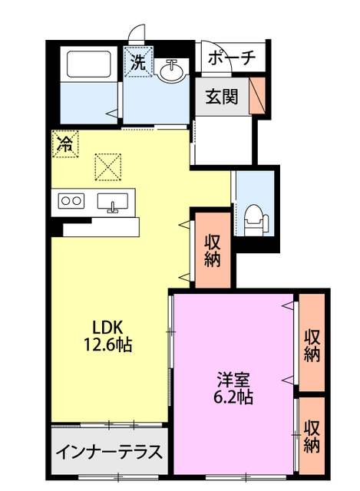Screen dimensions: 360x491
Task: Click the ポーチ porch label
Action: pos(232,58)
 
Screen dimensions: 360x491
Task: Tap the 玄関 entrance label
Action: pos(222,97)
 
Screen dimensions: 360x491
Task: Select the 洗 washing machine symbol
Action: pos(138,61)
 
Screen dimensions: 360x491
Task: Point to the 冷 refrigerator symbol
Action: pos(64,143)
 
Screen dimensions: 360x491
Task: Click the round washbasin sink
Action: pos(171,71)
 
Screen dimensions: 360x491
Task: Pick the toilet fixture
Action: pos(256,220)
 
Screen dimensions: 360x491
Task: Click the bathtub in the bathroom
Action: pos(89,64)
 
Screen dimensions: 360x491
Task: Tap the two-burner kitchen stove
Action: pos(71,201)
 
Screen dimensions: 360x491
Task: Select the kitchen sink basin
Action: pos(113,201)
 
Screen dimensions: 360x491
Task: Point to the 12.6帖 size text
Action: pos(107,344)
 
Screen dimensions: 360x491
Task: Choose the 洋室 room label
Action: pos(233,380)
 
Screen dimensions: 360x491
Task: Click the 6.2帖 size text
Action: pos(233,397)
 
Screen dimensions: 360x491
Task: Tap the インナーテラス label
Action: pos(109,452)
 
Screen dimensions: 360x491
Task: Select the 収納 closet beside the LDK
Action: pos(213,250)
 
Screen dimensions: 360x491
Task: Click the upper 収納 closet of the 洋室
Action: pos(312,342)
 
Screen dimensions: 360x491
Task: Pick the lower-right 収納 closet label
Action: pos(312,437)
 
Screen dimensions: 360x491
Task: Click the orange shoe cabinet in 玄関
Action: pos(257,95)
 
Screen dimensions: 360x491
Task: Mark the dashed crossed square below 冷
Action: pos(107,167)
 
